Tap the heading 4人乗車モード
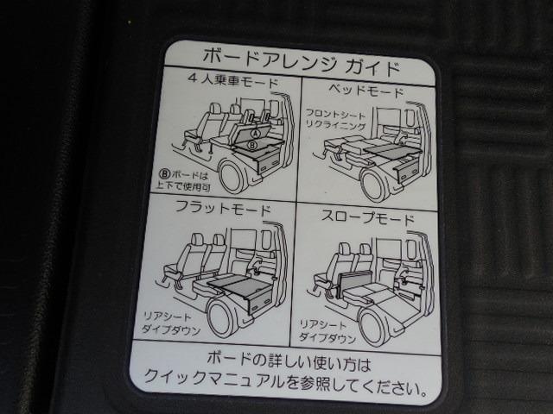(x=233, y=80)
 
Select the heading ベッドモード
(x=365, y=91)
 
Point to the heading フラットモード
(x=223, y=208)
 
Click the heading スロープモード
(x=367, y=217)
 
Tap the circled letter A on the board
(x=256, y=133)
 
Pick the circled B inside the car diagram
(x=253, y=144)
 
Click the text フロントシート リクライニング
(x=334, y=120)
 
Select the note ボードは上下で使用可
(x=183, y=180)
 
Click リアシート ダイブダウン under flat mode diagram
(x=171, y=324)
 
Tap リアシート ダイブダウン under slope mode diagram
(x=327, y=331)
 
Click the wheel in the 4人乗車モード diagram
(x=232, y=177)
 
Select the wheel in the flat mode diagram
(x=221, y=319)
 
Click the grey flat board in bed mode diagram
(x=393, y=150)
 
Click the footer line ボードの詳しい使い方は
(x=289, y=361)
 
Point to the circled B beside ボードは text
(x=165, y=174)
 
